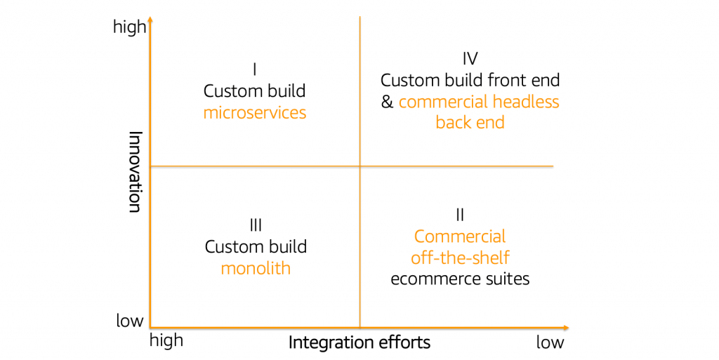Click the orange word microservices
coord(255,113)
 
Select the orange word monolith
coord(256,268)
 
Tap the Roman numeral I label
coord(255,69)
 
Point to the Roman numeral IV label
coord(470,58)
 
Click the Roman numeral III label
coord(256,225)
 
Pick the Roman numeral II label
coord(460,215)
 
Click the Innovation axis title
coord(136,171)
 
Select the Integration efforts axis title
coord(359,342)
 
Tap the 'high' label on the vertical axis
coord(130,27)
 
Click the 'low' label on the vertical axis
coord(130,321)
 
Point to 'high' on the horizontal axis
coord(166,340)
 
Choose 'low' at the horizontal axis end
coord(550,342)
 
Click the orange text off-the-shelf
coord(460,258)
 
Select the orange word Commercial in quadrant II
coord(460,236)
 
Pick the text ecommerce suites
coord(460,279)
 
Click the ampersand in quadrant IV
coord(387,102)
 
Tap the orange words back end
coord(470,123)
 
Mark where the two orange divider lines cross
coord(360,166)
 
